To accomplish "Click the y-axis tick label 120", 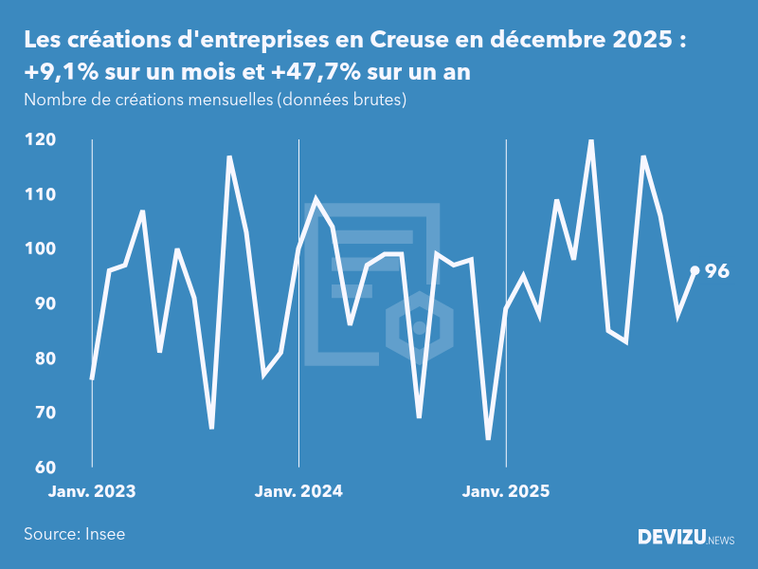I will click(40, 139).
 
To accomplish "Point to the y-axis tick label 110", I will click(40, 194).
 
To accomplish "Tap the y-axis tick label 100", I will click(40, 248).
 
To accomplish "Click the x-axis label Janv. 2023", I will click(92, 491).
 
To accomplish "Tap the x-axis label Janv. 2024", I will click(299, 491).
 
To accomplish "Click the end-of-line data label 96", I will click(717, 271).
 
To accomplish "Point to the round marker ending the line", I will click(695, 270).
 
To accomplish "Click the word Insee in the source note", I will click(106, 534).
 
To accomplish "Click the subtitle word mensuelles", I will click(226, 100).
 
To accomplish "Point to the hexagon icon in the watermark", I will click(419, 328).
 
